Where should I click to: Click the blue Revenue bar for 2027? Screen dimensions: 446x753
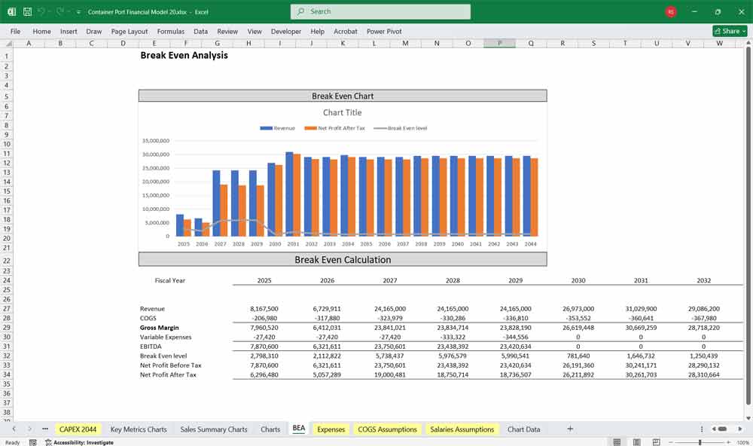coord(217,203)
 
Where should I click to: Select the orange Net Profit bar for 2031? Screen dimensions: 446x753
coord(297,195)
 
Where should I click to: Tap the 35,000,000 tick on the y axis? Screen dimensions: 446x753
coord(156,141)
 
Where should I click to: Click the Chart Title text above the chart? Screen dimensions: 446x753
coord(343,113)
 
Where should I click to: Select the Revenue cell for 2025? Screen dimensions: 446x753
coord(264,309)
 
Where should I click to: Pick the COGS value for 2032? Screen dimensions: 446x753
coord(703,318)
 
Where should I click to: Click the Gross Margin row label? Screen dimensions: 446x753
coord(160,328)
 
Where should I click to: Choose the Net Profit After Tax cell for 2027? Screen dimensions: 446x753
coord(389,374)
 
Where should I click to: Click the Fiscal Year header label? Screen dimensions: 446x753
coord(170,280)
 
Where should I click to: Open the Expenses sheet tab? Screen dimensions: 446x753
coord(331,429)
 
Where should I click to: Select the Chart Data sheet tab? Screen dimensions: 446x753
coord(523,429)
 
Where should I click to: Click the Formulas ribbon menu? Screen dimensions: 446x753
coord(171,32)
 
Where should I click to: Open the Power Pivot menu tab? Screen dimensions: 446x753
coord(384,32)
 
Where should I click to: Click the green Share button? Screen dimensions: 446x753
coord(728,32)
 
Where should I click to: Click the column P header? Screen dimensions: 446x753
coord(499,44)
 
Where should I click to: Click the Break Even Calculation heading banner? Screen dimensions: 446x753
coord(343,260)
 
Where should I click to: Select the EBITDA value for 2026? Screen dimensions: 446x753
coord(327,347)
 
